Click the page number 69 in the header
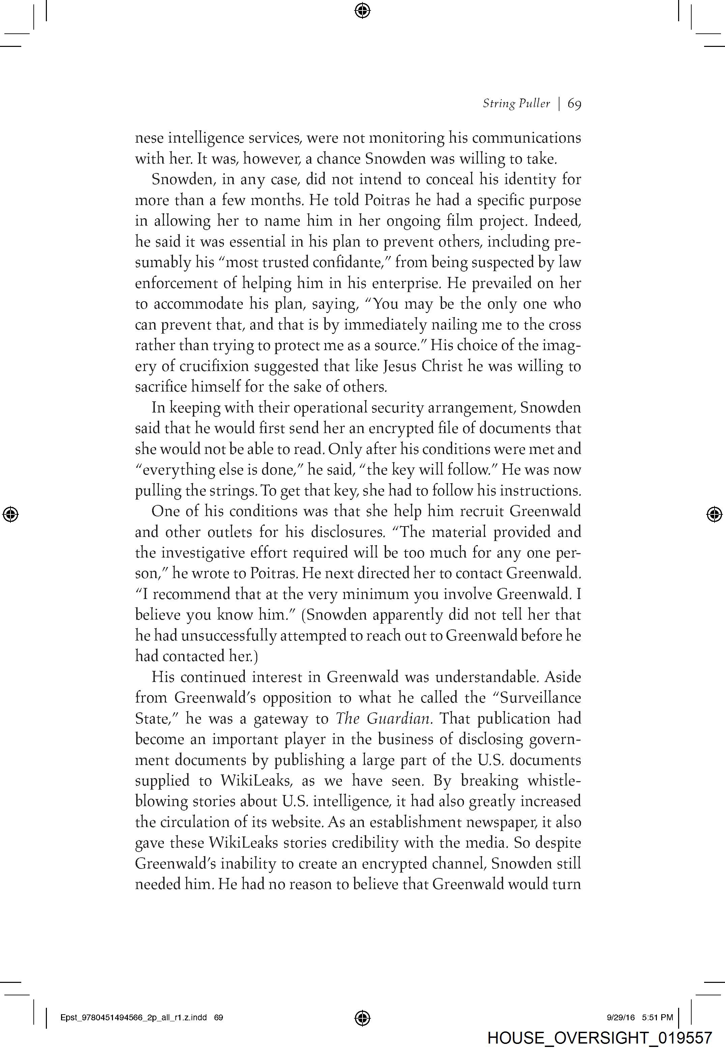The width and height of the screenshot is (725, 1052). point(574,104)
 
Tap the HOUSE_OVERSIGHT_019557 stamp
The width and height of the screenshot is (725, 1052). point(599,1037)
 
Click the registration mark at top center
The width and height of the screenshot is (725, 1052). point(362,10)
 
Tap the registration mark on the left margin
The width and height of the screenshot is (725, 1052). point(10,514)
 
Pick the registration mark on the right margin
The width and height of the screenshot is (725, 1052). point(714,514)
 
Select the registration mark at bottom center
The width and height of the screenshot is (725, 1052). point(362,1018)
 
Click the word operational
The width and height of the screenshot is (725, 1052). point(330,407)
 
